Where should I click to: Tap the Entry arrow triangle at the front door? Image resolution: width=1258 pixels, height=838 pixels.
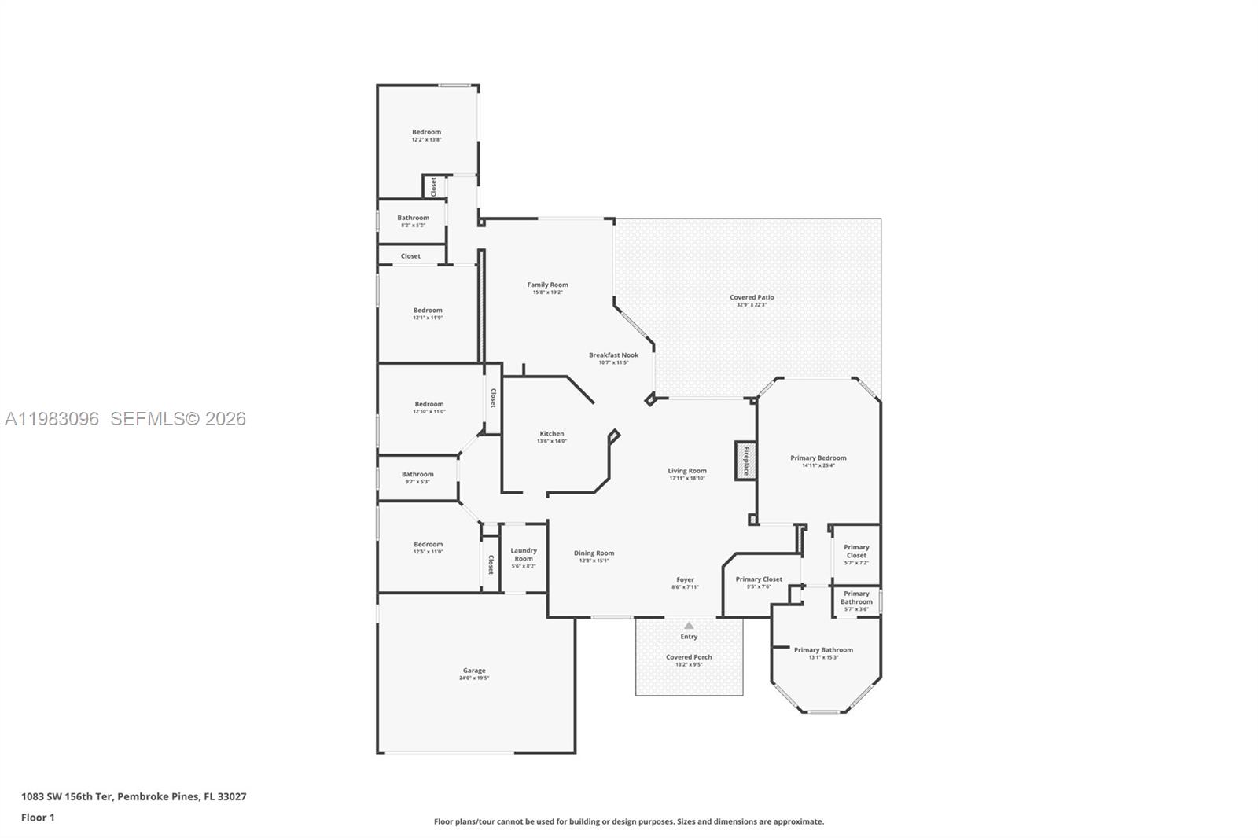pyautogui.click(x=689, y=626)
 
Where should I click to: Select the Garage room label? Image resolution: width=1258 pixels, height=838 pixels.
pyautogui.click(x=474, y=671)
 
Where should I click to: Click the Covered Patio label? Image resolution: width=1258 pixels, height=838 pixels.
pyautogui.click(x=752, y=297)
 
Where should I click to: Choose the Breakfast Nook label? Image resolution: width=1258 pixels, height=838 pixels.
pyautogui.click(x=613, y=355)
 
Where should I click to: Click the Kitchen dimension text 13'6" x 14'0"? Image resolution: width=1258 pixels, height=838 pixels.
pyautogui.click(x=552, y=441)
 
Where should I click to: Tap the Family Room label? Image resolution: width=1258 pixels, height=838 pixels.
pyautogui.click(x=547, y=285)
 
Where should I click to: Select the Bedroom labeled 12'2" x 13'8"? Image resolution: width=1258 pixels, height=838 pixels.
pyautogui.click(x=427, y=132)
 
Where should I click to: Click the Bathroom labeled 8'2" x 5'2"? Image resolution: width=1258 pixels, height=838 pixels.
pyautogui.click(x=413, y=218)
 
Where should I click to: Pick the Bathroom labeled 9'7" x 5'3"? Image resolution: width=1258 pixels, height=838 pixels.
pyautogui.click(x=417, y=474)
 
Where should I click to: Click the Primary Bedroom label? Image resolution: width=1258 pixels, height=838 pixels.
pyautogui.click(x=818, y=458)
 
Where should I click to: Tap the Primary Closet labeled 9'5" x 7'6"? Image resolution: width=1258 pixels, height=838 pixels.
pyautogui.click(x=759, y=579)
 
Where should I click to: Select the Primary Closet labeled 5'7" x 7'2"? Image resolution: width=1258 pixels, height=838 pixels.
pyautogui.click(x=856, y=551)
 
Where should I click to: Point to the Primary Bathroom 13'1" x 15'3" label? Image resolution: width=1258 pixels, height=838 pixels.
pyautogui.click(x=823, y=650)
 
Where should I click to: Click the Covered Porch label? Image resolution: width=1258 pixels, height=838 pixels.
pyautogui.click(x=689, y=657)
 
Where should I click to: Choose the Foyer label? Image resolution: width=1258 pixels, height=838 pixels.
pyautogui.click(x=685, y=580)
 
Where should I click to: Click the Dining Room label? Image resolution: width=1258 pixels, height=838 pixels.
pyautogui.click(x=594, y=553)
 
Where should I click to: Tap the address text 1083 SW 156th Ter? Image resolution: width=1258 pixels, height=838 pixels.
pyautogui.click(x=68, y=796)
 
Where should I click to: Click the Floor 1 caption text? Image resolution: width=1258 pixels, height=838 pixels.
pyautogui.click(x=38, y=818)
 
